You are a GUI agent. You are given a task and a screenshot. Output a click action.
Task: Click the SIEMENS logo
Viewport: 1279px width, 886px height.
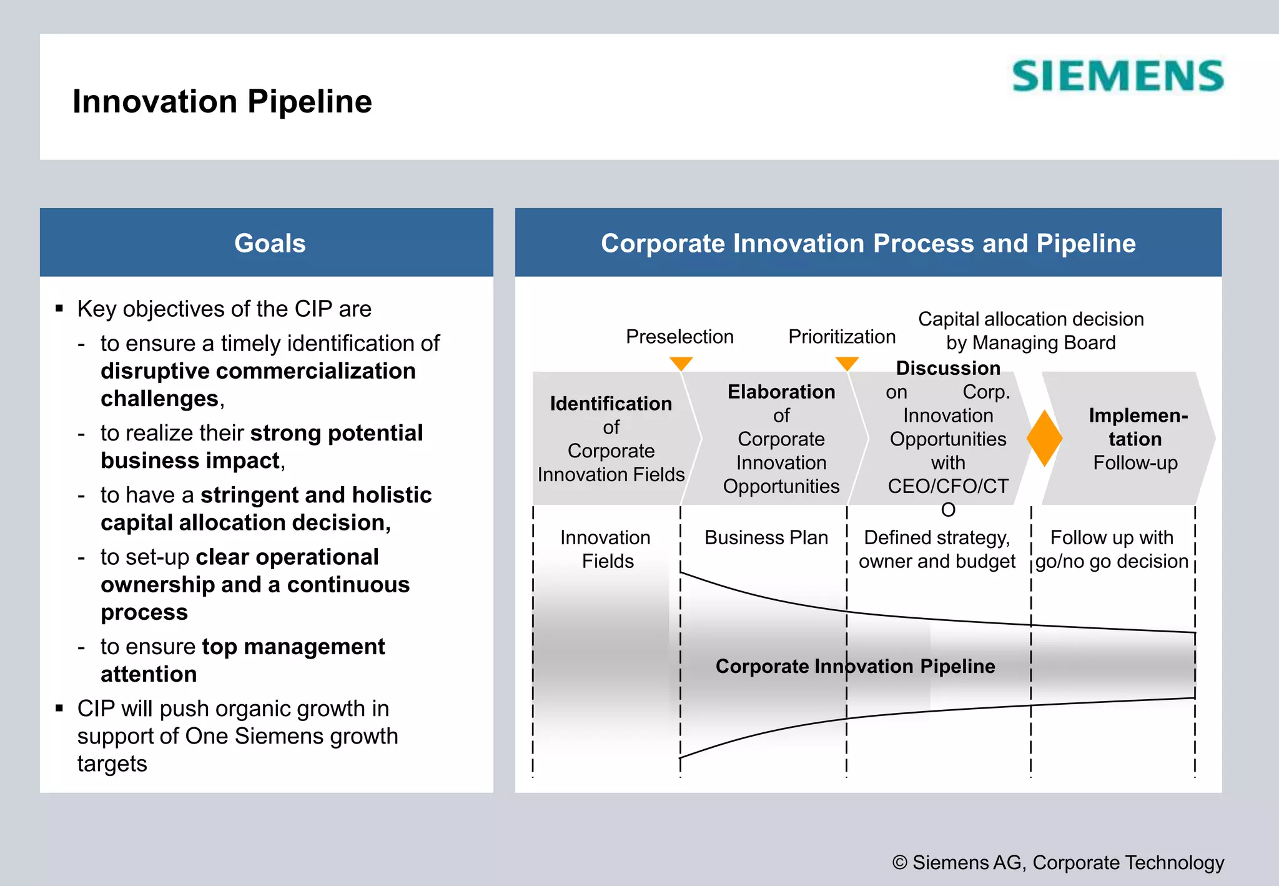click(x=1117, y=76)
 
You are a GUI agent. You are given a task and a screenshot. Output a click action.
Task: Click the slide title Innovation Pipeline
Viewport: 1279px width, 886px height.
click(x=222, y=101)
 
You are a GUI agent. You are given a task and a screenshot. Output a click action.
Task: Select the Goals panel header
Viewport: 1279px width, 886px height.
click(x=269, y=243)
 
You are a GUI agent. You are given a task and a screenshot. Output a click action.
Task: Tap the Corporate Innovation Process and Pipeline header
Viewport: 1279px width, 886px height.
click(x=867, y=243)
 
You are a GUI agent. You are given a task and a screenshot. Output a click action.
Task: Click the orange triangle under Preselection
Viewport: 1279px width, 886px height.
click(x=681, y=363)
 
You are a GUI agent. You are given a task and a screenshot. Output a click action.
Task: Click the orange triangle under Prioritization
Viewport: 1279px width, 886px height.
click(x=847, y=363)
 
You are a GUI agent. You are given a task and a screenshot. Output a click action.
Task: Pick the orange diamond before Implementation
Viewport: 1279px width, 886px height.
click(x=1044, y=438)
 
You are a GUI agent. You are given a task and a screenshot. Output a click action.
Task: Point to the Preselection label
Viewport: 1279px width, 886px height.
click(x=679, y=336)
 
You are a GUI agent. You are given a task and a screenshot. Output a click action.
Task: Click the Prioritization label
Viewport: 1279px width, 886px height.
click(x=841, y=336)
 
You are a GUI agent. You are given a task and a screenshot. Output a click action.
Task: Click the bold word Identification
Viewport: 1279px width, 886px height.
click(x=611, y=404)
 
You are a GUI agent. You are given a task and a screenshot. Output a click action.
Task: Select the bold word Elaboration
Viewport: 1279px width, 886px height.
click(x=781, y=392)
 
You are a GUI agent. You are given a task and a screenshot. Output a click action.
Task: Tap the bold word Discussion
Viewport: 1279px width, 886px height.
click(x=948, y=368)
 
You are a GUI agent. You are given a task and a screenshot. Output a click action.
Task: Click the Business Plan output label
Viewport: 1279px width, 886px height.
click(x=766, y=537)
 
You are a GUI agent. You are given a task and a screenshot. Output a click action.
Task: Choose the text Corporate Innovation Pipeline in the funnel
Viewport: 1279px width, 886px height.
click(x=855, y=666)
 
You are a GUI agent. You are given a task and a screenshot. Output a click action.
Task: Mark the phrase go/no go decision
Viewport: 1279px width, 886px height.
click(x=1112, y=561)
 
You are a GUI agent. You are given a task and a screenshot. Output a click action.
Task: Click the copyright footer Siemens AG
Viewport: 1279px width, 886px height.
click(x=1058, y=862)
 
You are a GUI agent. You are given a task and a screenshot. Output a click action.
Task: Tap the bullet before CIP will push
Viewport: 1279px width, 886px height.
click(x=59, y=708)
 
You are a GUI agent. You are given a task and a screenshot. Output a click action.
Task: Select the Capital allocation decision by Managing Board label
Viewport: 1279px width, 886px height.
click(x=1030, y=331)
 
